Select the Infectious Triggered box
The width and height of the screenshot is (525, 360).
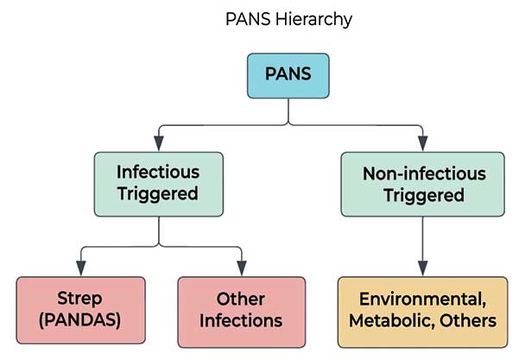(158, 184)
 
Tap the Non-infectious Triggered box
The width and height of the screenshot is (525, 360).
(422, 184)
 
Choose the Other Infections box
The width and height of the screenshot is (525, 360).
(241, 309)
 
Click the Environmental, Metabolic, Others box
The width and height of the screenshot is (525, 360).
(422, 309)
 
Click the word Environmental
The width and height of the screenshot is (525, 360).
(422, 299)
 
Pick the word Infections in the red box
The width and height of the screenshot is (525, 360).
(241, 320)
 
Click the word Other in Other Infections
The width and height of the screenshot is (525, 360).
(241, 299)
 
